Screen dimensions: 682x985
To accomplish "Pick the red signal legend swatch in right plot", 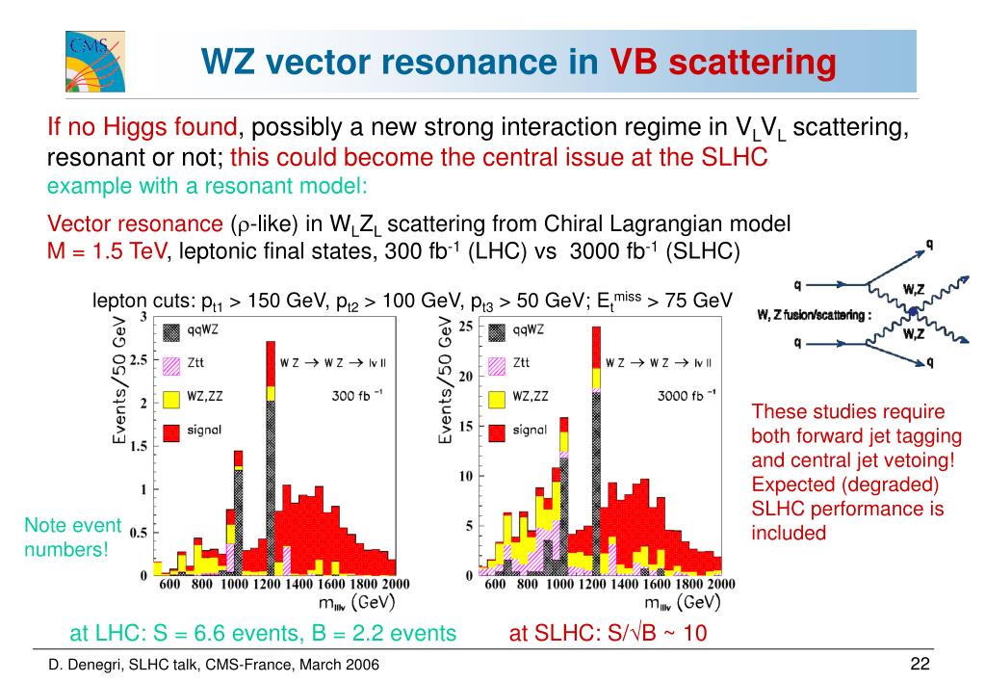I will coord(498,430).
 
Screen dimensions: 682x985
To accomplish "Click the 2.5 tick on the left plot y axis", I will coord(139,359).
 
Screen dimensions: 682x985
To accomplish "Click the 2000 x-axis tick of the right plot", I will coord(719,585).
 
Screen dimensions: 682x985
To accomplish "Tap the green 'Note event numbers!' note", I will coord(72,538).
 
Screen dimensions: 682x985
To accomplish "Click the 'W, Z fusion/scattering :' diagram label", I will coord(815,314).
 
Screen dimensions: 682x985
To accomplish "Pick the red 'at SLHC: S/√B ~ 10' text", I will coord(609,633).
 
